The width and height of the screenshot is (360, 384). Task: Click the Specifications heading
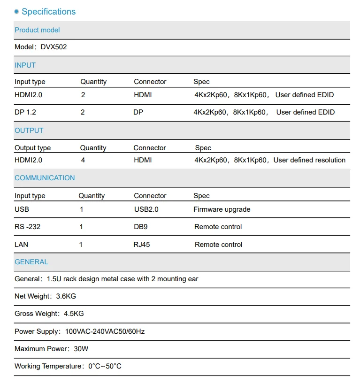[48, 12]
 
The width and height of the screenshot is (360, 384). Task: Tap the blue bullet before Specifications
[17, 12]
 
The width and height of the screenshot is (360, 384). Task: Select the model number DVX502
[54, 47]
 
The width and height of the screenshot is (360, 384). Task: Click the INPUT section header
[25, 65]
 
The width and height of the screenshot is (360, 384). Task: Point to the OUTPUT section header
[29, 131]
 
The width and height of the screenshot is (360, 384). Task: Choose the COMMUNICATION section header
[45, 178]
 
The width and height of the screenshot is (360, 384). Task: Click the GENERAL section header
[31, 262]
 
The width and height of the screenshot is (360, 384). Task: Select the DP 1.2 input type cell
[25, 112]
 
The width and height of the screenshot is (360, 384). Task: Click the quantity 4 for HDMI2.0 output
[83, 160]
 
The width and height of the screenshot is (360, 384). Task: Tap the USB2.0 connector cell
[146, 209]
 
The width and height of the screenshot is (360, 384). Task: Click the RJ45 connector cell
[142, 245]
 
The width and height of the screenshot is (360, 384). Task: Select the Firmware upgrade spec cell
[222, 209]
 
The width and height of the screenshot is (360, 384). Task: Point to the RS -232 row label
[27, 227]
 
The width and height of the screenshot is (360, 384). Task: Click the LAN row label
[22, 245]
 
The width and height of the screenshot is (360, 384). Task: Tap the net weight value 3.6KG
[66, 296]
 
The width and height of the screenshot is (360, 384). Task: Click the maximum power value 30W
[81, 349]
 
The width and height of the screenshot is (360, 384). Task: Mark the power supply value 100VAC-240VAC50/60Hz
[105, 331]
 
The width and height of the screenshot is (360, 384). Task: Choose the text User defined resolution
[309, 160]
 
